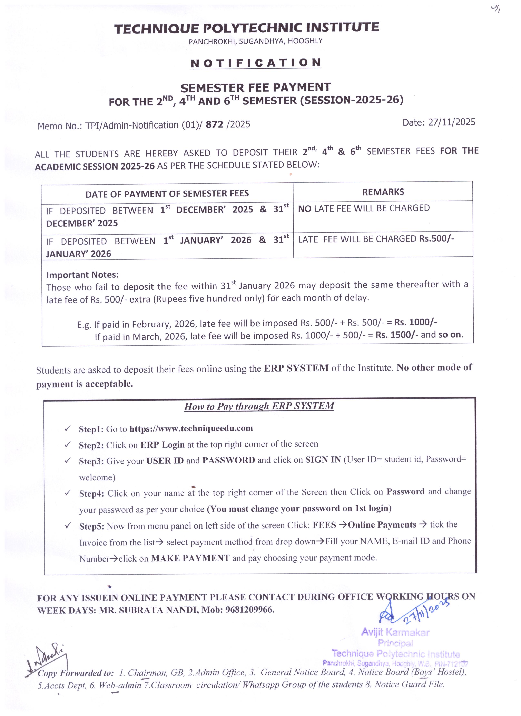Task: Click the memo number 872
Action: click(x=215, y=125)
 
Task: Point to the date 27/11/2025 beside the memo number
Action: click(x=452, y=122)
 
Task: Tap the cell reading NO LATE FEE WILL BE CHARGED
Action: click(x=364, y=208)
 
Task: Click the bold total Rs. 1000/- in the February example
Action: click(x=416, y=322)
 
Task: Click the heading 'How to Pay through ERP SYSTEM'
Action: click(x=259, y=406)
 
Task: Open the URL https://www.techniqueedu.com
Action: click(x=191, y=428)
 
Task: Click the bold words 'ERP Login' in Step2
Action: click(x=162, y=445)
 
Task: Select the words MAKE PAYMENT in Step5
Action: click(x=190, y=558)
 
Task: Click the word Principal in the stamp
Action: click(x=395, y=643)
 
